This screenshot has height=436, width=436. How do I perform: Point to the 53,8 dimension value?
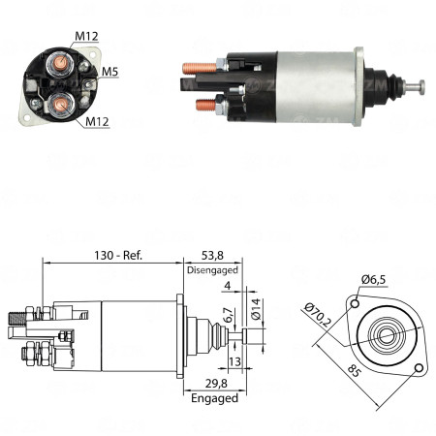point(211,256)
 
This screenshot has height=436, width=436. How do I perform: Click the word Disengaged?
point(212,271)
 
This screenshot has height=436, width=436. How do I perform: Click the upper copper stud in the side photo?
point(196,69)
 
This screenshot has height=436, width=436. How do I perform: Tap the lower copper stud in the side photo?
point(203,105)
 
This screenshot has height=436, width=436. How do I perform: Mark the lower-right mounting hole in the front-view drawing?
point(419,368)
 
